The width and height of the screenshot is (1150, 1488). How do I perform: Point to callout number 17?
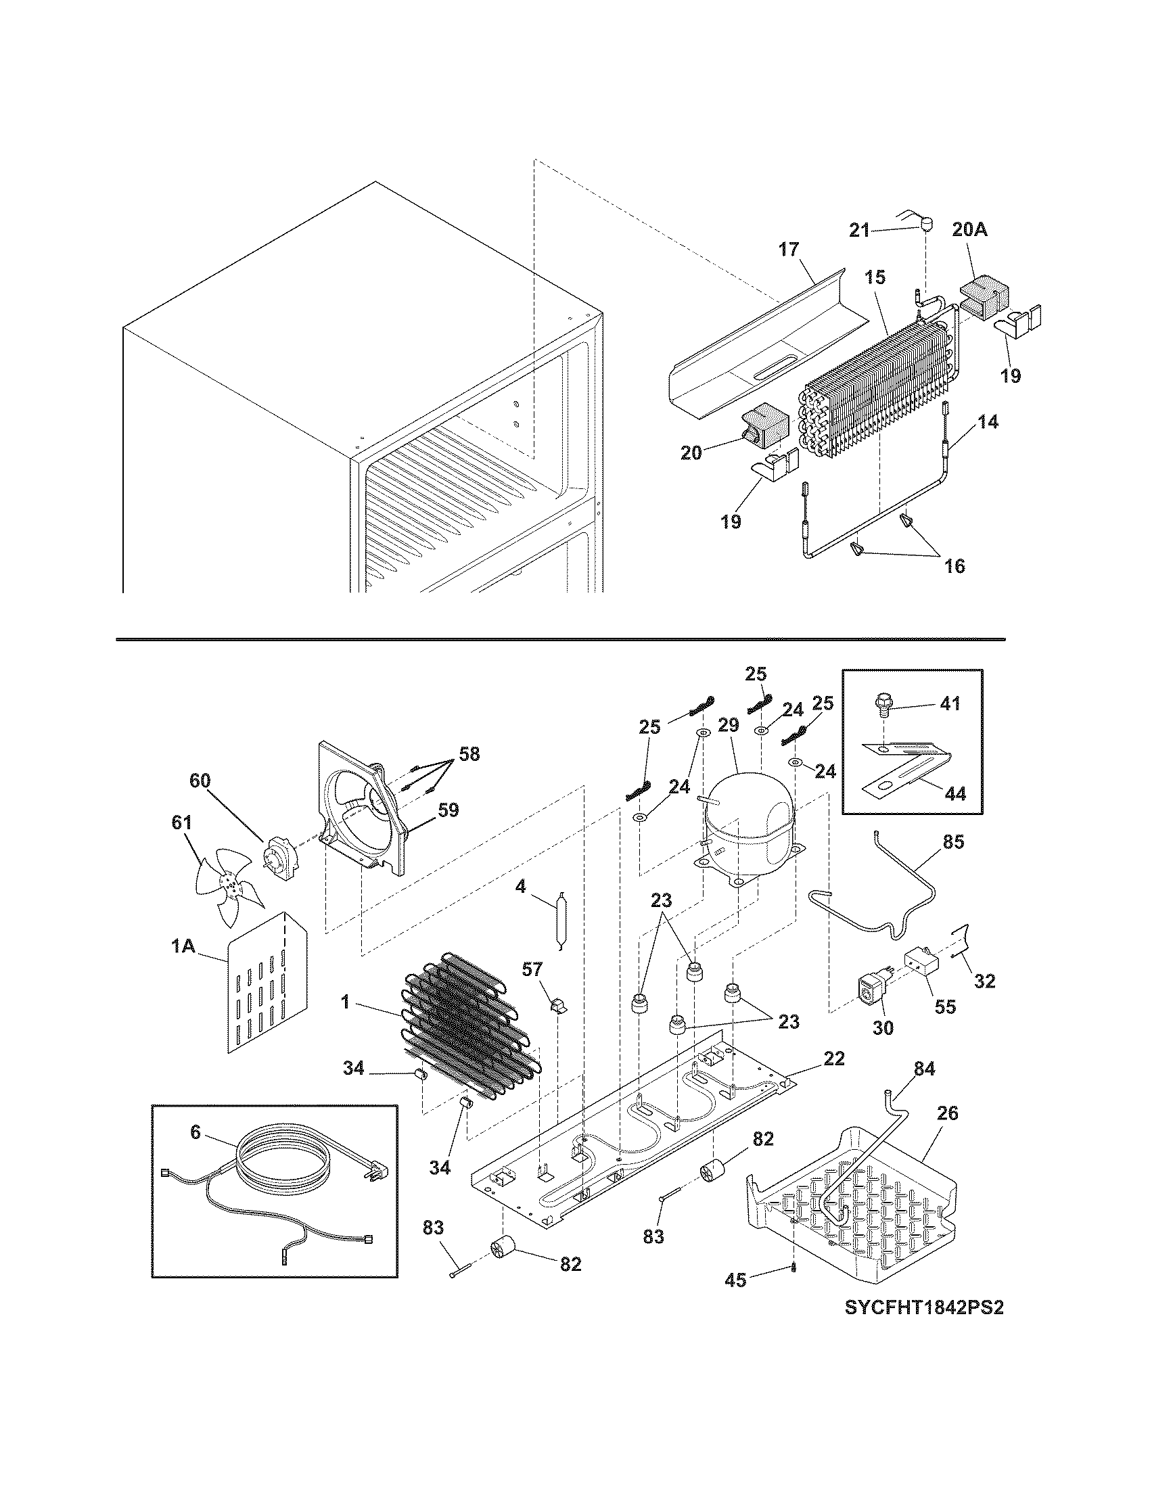788,250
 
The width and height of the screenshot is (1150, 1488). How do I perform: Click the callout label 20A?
969,229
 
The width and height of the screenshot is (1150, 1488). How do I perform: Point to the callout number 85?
953,843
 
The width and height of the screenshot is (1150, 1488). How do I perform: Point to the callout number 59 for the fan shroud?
448,810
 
